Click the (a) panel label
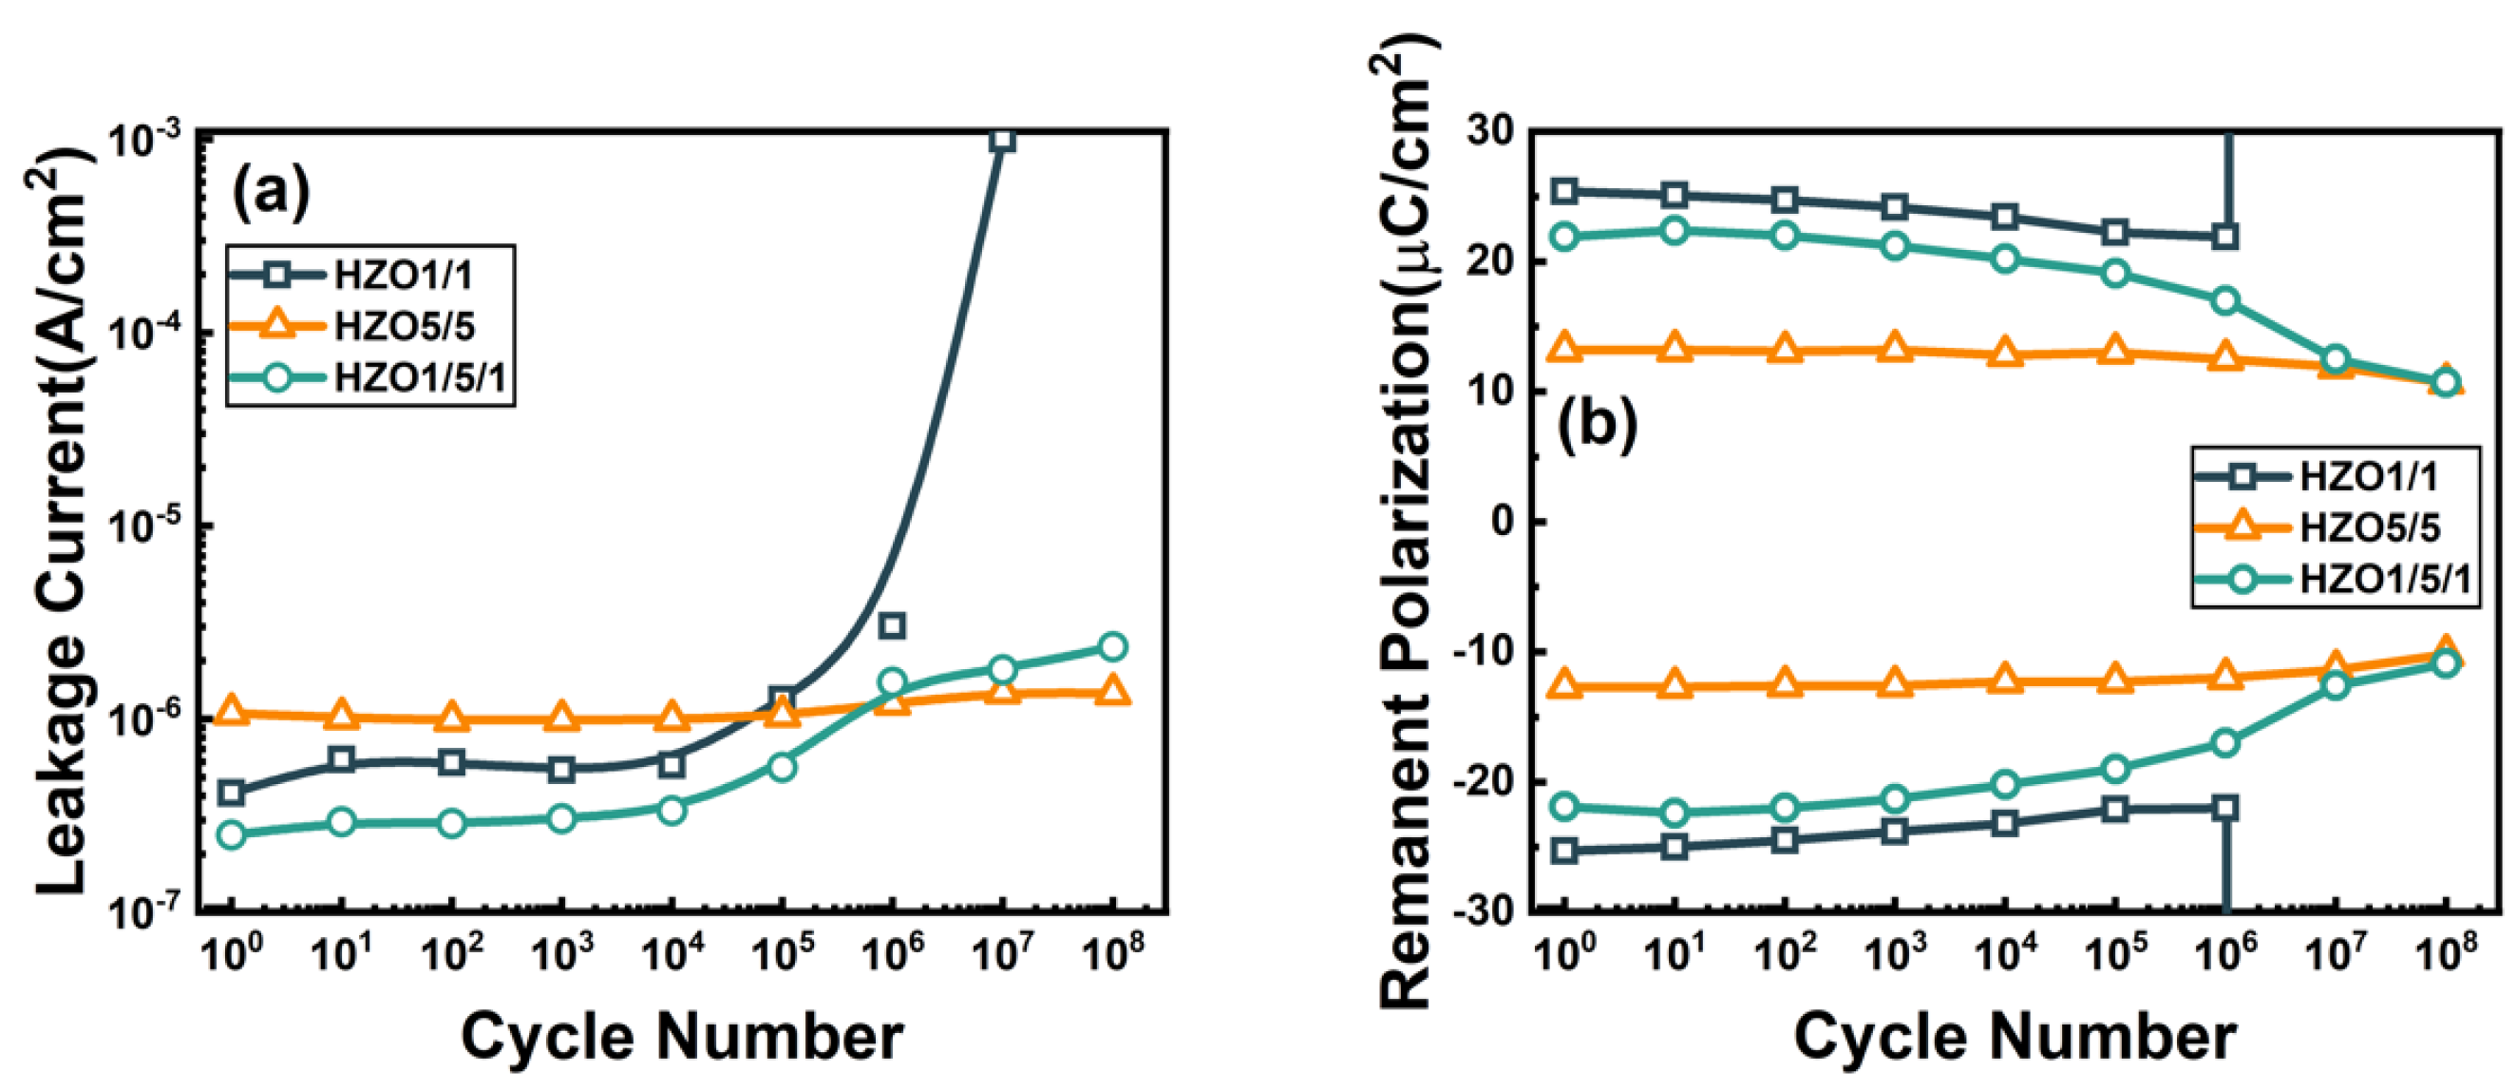pos(271,193)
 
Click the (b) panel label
pos(1597,428)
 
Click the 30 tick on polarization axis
pos(1486,131)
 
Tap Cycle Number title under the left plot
pos(681,1037)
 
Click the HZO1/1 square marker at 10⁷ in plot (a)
pos(1001,141)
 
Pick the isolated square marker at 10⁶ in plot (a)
pos(891,625)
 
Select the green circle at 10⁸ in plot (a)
pos(1112,646)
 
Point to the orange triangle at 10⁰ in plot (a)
pos(231,712)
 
